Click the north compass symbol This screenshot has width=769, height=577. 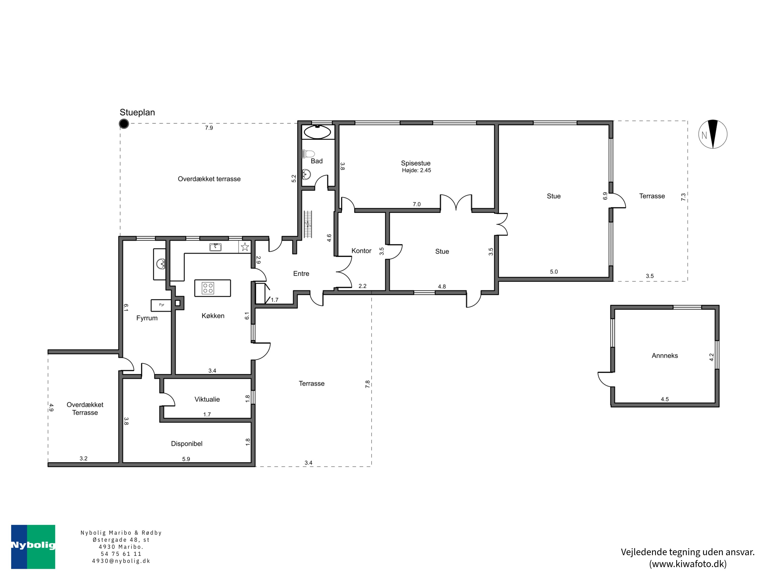click(x=713, y=134)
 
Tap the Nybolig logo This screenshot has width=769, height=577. click(x=33, y=547)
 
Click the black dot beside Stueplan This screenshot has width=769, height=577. click(x=124, y=123)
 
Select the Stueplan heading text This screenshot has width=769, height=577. click(x=137, y=112)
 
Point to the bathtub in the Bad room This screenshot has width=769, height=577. click(x=317, y=132)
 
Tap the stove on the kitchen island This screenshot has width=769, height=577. click(x=208, y=288)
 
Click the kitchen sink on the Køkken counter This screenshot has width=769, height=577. click(x=216, y=247)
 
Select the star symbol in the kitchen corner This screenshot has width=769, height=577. click(x=245, y=247)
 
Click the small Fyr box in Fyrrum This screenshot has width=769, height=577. click(x=161, y=305)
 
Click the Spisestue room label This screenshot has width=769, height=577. click(x=416, y=163)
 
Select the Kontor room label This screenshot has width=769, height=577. click(x=361, y=251)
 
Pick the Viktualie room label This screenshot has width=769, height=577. click(x=207, y=399)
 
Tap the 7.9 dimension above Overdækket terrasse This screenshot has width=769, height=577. click(x=209, y=128)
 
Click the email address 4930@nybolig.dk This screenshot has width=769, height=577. click(x=121, y=561)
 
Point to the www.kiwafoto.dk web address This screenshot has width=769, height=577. click(x=688, y=564)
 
